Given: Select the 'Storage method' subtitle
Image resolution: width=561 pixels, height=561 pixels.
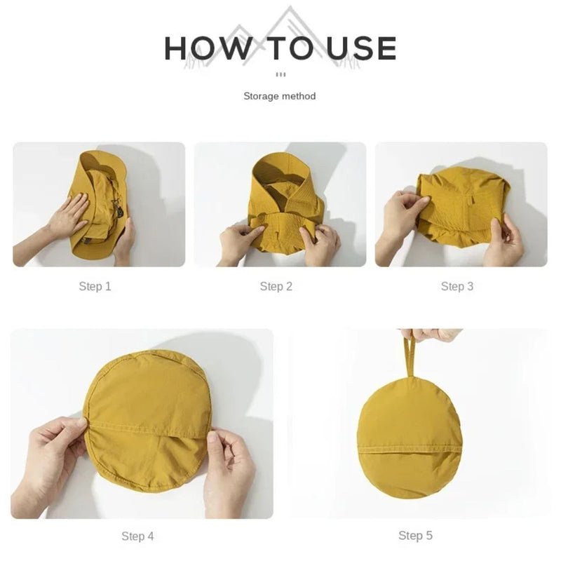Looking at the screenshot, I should click(280, 96).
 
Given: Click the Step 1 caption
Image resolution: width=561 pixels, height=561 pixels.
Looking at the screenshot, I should click(95, 286).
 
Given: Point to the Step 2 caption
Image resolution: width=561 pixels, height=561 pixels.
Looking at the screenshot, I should click(276, 286).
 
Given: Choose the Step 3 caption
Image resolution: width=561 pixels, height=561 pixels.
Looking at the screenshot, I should click(457, 286).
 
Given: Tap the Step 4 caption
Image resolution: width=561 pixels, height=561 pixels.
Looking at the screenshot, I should click(137, 536).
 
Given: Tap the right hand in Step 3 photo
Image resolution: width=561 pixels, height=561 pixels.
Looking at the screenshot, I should click(503, 242).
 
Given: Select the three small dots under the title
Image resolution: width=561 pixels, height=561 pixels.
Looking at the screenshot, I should click(280, 74).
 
